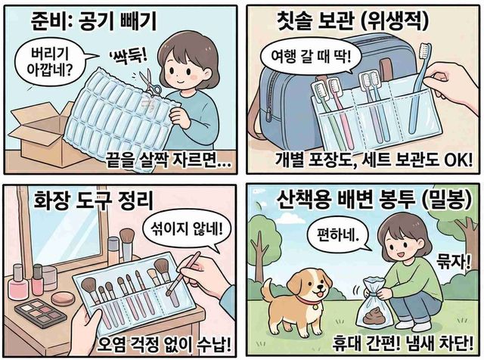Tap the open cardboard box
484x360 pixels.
point(43,133)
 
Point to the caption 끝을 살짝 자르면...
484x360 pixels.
point(168,160)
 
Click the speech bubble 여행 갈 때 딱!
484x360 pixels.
point(311,58)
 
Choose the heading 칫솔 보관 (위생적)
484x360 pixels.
point(353,20)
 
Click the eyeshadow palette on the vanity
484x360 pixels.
point(40,313)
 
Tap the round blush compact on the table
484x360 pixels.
point(63,299)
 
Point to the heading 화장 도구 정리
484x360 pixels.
point(93,200)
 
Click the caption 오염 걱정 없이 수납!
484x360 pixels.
point(164,344)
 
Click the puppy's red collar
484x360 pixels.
point(309,301)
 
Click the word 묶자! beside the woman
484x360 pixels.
point(453,262)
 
